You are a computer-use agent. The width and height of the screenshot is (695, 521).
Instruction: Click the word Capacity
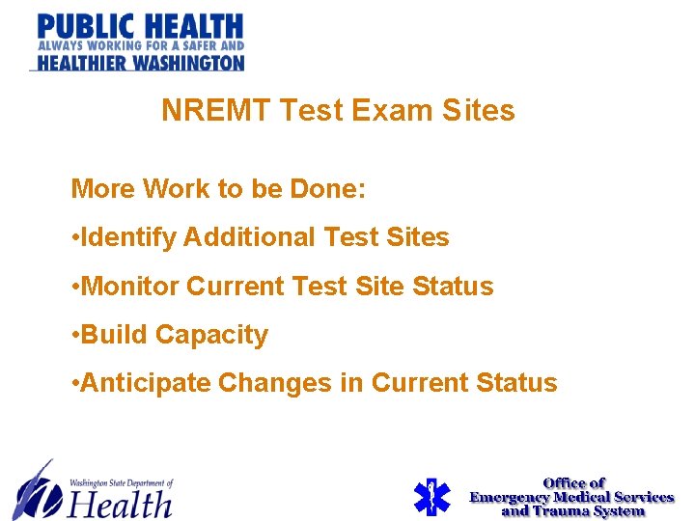211,336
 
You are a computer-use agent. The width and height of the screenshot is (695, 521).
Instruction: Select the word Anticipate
146,383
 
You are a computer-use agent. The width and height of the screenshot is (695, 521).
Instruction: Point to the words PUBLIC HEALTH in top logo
141,25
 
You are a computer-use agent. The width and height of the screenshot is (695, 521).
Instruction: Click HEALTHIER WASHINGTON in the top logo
141,63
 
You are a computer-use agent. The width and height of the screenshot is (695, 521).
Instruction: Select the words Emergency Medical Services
571,497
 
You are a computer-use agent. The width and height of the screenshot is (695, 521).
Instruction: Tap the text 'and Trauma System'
572,510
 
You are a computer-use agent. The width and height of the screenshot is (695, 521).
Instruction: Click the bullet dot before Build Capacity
76,336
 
